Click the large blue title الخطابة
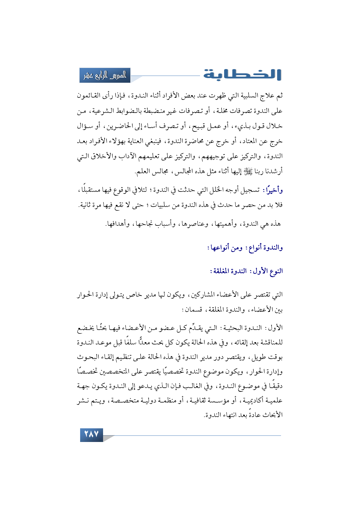[242, 75]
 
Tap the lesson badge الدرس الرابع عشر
[105, 75]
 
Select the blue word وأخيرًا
[273, 190]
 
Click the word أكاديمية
[257, 401]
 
